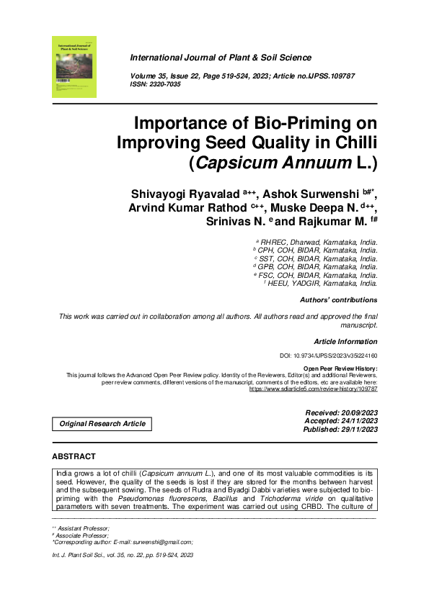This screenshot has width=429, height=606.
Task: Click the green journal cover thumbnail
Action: pos(74,66)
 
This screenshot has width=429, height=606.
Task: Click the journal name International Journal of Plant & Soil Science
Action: pos(221,58)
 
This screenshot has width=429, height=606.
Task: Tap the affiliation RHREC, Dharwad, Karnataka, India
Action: pos(318,243)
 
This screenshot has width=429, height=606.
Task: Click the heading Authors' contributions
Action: pos(338,299)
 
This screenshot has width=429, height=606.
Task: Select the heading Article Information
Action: pos(345,340)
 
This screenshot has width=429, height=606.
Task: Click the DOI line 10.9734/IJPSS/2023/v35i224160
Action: pos(328,356)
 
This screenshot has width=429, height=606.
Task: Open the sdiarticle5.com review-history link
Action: pos(314,389)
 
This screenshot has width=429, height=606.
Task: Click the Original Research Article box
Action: pos(102,424)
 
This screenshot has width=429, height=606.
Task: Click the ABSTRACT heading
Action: pos(74,456)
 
